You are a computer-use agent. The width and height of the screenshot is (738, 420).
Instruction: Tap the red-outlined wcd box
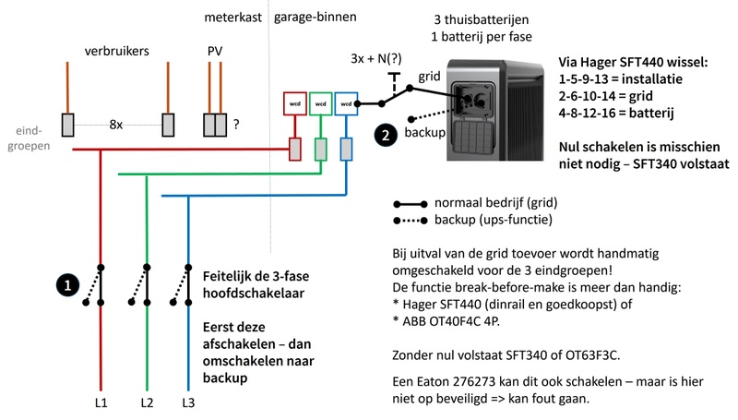click(295, 104)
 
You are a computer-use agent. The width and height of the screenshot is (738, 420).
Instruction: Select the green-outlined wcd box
click(320, 104)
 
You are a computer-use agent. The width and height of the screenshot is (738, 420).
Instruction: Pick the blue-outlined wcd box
click(345, 104)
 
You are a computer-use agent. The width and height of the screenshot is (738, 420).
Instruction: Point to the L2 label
click(146, 403)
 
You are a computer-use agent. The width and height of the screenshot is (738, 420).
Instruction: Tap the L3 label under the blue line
click(189, 403)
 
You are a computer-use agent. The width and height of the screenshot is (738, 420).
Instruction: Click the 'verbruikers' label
click(117, 52)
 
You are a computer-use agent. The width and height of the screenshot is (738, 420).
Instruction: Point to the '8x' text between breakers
click(115, 124)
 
